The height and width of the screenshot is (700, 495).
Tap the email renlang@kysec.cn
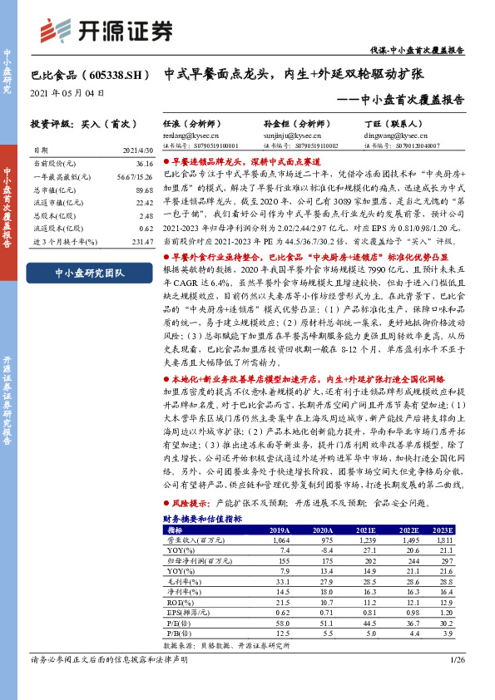pyautogui.click(x=183, y=133)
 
